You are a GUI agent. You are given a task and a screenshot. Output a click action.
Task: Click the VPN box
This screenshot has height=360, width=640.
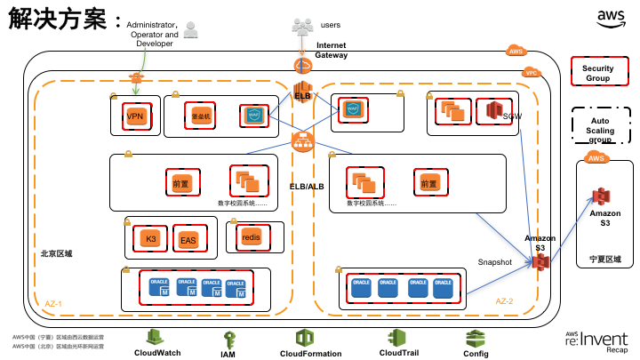[x=135, y=116]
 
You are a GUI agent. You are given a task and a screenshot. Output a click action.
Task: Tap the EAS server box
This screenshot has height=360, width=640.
[x=188, y=240]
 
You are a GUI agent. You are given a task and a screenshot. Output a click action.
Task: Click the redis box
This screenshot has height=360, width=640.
[x=251, y=237]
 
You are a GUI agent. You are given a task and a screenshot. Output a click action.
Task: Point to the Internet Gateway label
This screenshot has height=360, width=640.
[x=331, y=50]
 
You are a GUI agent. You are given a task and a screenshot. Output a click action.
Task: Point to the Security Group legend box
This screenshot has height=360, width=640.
[x=597, y=74]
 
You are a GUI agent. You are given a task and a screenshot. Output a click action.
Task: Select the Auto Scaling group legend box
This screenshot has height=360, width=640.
[x=600, y=131]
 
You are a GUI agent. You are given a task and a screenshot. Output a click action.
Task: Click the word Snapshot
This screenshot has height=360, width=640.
[x=495, y=262]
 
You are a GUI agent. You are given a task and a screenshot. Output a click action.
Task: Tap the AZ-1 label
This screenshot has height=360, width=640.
[x=53, y=304]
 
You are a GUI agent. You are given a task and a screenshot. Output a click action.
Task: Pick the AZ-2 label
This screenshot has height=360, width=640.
[x=505, y=301]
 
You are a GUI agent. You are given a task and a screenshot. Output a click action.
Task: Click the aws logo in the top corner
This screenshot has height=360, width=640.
[x=611, y=19]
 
